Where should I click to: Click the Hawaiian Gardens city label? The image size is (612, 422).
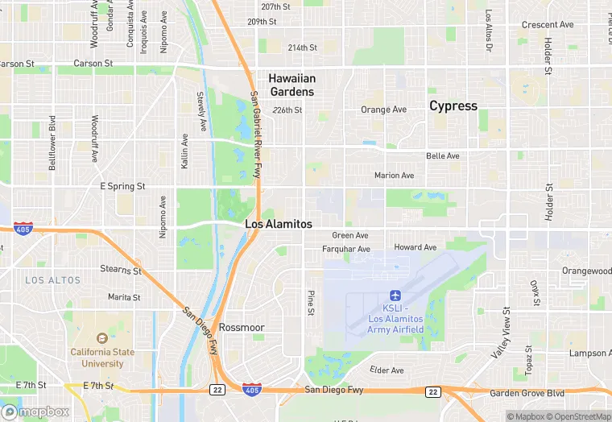coord(292,85)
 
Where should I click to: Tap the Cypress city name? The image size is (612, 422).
coord(453,105)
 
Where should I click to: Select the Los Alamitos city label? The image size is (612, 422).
coord(278,224)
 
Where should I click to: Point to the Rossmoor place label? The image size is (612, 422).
coord(242,328)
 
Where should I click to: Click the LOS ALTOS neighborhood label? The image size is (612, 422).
coord(53,280)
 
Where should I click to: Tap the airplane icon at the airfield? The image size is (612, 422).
coord(395,296)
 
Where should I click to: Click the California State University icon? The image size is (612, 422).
coord(102,340)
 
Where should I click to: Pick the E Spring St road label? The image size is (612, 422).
coord(122,186)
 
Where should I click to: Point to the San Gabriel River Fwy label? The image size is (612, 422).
coord(256,134)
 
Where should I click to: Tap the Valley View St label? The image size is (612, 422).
coord(500,333)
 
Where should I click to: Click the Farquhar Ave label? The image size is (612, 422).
coord(346,250)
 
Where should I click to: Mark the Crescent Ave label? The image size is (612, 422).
coord(548,25)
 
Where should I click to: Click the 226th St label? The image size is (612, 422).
coord(287,111)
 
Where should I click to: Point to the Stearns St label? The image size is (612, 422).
coord(121,271)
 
